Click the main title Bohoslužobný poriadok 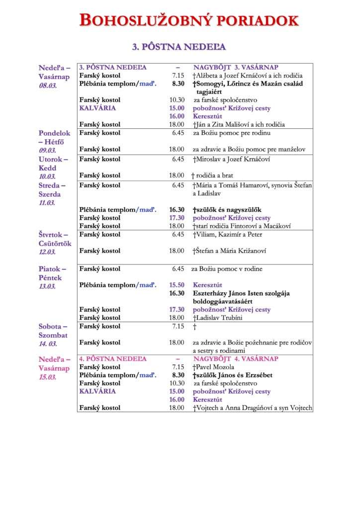189,20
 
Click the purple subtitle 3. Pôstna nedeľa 179,47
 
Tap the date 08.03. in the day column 48,85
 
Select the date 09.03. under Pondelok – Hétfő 48,151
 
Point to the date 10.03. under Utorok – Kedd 48,176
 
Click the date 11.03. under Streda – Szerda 48,203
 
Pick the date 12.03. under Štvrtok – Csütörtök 48,252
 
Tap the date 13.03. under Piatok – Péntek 48,286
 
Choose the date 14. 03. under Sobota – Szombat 48,343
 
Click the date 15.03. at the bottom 48,377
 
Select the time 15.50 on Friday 177,285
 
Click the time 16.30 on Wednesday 177,210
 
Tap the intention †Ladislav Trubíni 217,318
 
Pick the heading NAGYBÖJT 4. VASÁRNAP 236,358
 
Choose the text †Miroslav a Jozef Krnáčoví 232,159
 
